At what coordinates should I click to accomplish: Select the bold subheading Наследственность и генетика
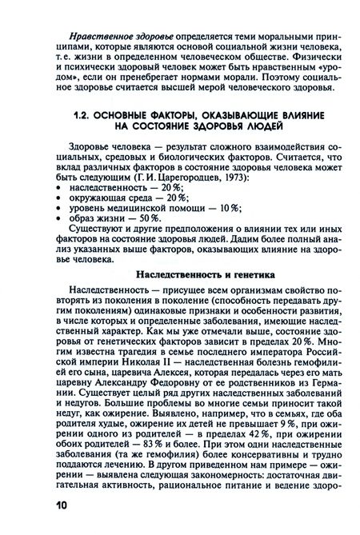coord(206,274)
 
